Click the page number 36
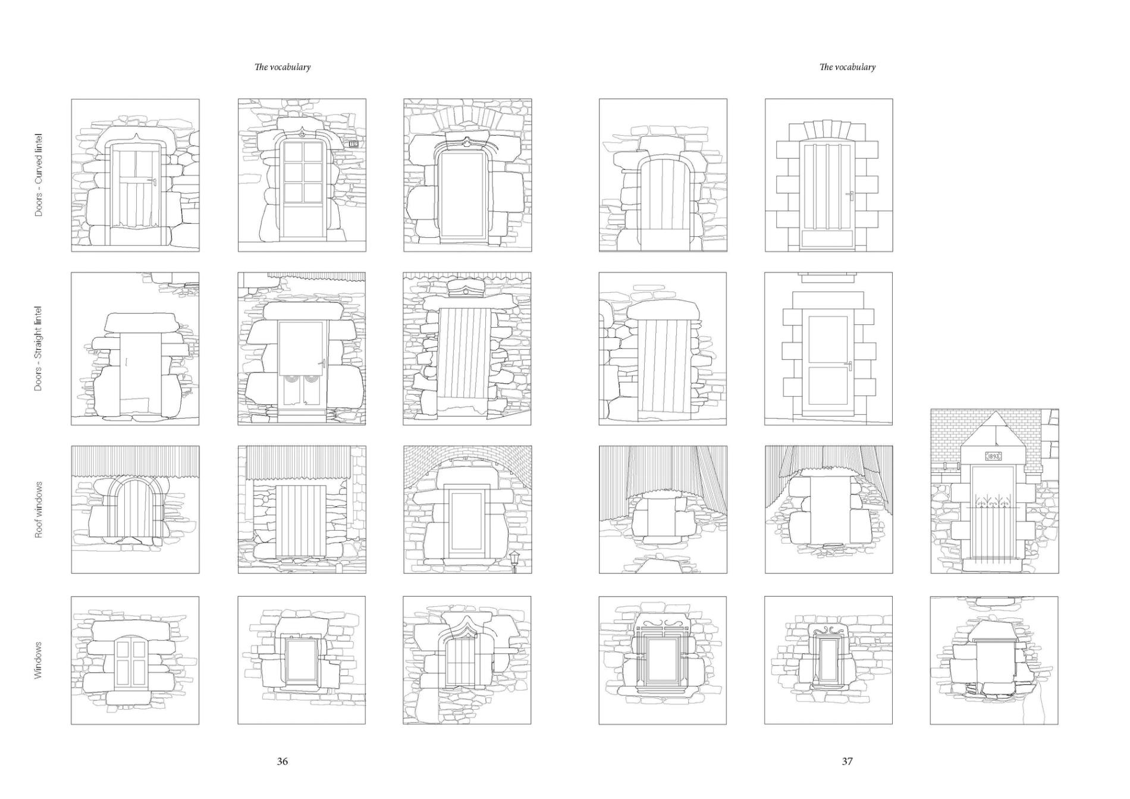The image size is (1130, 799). (x=282, y=761)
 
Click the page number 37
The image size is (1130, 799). (x=847, y=761)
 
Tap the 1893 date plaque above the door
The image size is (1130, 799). (x=993, y=456)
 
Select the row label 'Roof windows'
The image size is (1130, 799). (x=39, y=510)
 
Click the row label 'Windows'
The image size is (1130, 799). (x=39, y=660)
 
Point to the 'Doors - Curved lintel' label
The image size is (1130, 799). (x=39, y=174)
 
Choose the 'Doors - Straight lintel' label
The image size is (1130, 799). (x=39, y=349)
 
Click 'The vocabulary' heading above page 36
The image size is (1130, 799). (x=282, y=67)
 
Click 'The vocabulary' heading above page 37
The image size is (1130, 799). (x=847, y=67)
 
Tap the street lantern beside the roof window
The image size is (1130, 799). (x=514, y=559)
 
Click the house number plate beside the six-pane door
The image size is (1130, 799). (x=353, y=143)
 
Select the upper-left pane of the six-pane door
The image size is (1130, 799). (x=293, y=152)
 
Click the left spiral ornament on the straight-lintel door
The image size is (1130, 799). (x=291, y=379)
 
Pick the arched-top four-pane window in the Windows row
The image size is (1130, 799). (x=130, y=662)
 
